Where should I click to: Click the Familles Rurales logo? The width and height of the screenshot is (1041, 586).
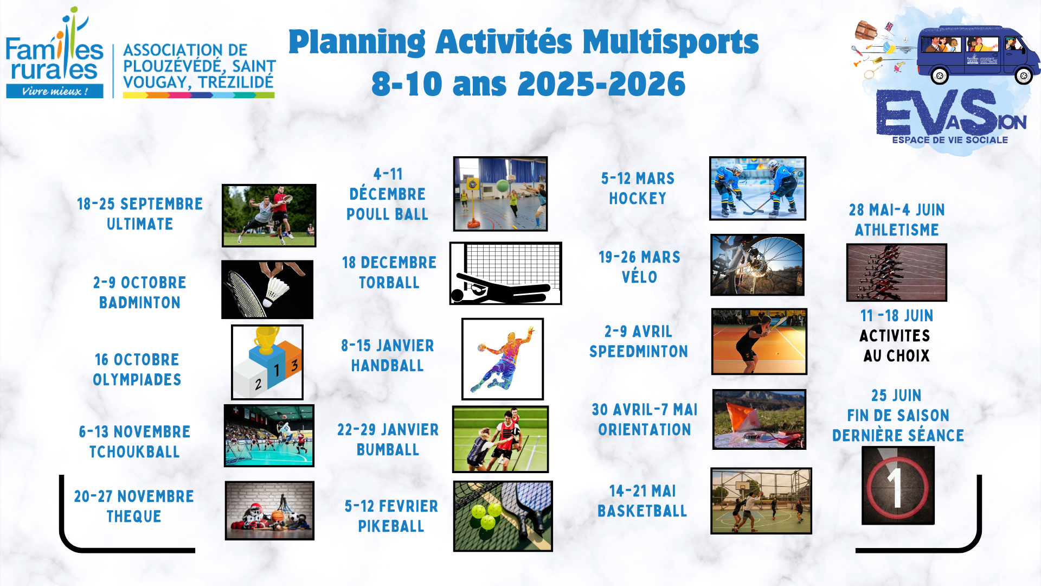[54, 53]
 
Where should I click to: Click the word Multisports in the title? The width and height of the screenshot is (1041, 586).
[671, 42]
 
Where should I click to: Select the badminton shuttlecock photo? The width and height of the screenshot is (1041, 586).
[267, 289]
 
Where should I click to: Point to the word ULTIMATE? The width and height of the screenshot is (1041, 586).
[140, 224]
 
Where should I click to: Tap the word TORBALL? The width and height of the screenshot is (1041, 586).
[389, 283]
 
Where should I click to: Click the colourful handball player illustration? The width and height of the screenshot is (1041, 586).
[503, 359]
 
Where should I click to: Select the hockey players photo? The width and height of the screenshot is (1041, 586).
[757, 188]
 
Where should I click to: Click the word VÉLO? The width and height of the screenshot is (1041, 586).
[640, 277]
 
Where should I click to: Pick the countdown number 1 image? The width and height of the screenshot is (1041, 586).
[898, 486]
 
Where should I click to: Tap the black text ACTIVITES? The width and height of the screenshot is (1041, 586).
[895, 336]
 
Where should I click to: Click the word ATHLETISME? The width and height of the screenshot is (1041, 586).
[897, 230]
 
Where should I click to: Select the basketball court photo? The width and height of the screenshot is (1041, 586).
[761, 501]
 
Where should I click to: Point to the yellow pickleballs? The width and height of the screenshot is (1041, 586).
[486, 515]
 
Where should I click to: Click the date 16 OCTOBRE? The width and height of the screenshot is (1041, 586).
[137, 360]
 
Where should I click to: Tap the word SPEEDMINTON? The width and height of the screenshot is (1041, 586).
[639, 352]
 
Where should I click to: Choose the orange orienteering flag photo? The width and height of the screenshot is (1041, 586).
[759, 419]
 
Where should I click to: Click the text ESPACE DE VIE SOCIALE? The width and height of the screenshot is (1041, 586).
[950, 140]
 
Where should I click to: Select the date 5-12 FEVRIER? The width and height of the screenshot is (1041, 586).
[391, 506]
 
